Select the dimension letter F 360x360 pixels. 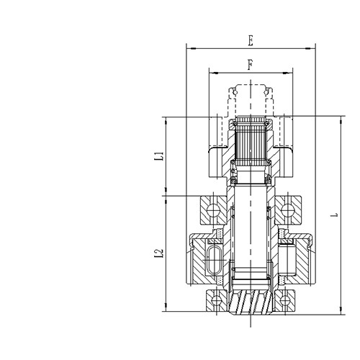tap(250, 65)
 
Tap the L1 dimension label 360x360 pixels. tap(161, 155)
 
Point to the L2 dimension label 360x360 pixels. tap(161, 253)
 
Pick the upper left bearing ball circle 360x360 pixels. tap(213, 211)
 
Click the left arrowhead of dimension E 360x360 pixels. tap(189, 48)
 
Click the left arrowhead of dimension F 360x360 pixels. tap(211, 72)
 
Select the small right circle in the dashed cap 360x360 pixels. tap(269, 92)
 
